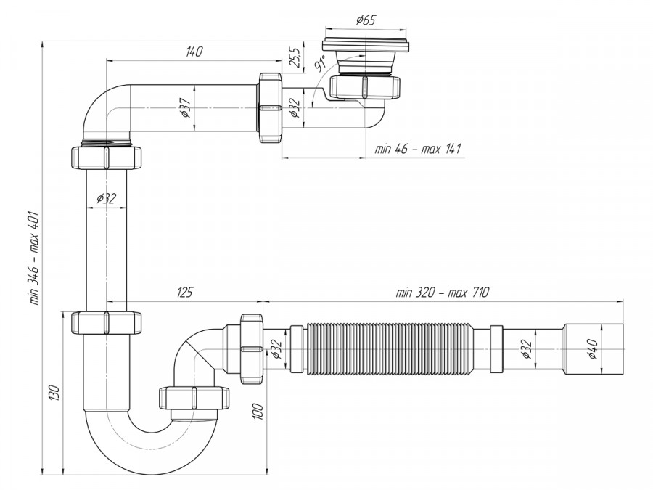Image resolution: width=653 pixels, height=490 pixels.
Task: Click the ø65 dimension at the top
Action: click(366, 20)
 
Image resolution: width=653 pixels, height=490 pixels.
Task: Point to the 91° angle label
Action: click(319, 66)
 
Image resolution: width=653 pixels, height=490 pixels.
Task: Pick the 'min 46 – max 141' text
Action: click(418, 149)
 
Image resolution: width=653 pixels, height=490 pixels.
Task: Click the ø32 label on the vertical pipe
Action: click(106, 197)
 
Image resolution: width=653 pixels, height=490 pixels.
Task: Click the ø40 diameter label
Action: click(592, 349)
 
